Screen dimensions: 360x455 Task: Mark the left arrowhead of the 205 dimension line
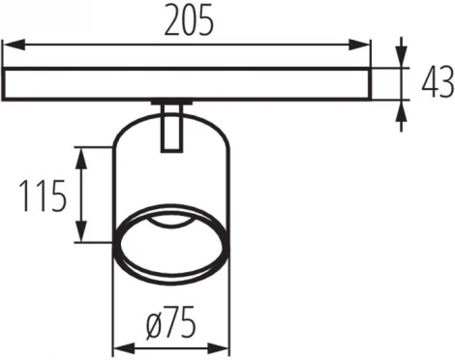click(10, 44)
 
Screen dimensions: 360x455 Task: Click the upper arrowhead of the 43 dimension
click(401, 60)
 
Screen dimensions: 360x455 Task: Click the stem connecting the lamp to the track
click(171, 130)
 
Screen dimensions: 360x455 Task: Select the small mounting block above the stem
click(171, 103)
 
